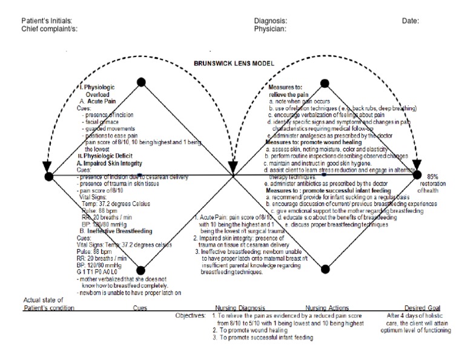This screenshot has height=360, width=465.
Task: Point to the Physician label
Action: pos(271,28)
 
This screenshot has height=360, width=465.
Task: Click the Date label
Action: pos(410,21)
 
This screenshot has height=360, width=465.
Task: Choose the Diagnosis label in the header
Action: pos(271,21)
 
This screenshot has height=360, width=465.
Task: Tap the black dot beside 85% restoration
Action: pos(417,176)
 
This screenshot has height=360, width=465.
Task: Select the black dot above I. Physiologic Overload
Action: pos(141,82)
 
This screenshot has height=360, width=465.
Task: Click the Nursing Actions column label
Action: pos(328,308)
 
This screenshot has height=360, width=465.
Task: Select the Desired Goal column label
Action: pos(423,308)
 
